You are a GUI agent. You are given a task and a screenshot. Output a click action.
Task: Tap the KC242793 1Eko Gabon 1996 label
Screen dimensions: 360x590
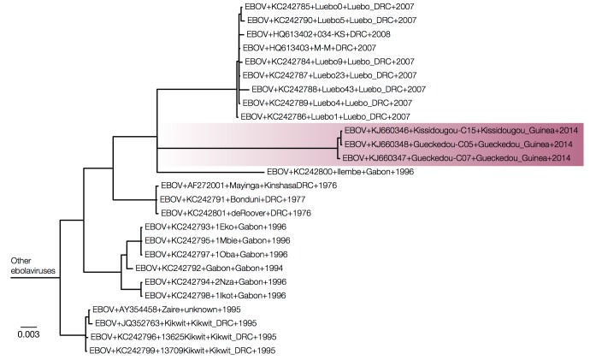[x=218, y=227]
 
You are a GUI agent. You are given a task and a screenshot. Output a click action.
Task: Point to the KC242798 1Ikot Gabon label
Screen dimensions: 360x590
[x=216, y=294]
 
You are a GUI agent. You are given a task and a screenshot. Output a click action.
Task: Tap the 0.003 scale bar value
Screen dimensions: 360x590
[x=29, y=335]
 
